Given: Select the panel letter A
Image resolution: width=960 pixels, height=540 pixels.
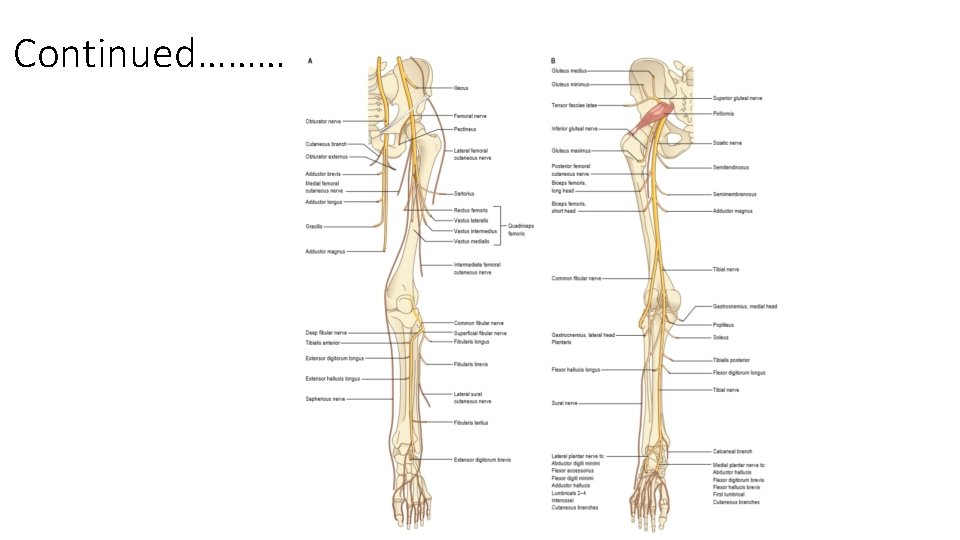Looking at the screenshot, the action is pyautogui.click(x=310, y=60).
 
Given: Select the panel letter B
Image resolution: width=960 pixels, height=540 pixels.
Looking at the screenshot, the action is pyautogui.click(x=553, y=60).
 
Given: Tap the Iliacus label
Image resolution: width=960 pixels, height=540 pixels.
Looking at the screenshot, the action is pyautogui.click(x=461, y=88).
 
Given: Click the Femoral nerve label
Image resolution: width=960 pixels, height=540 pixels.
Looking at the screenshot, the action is pyautogui.click(x=470, y=116).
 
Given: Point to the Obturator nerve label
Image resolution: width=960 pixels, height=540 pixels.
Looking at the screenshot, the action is pyautogui.click(x=323, y=121).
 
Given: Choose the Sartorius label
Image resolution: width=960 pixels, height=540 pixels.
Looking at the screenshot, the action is pyautogui.click(x=463, y=193).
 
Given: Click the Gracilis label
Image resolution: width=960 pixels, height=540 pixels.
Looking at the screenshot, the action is pyautogui.click(x=315, y=226).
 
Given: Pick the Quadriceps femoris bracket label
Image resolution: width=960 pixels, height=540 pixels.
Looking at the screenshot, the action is pyautogui.click(x=521, y=230).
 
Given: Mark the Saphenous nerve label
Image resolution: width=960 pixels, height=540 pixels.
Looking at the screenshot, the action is pyautogui.click(x=325, y=399).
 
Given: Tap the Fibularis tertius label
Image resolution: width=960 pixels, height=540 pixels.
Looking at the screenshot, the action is pyautogui.click(x=470, y=423).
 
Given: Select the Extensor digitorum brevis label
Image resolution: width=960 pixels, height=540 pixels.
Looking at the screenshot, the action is pyautogui.click(x=482, y=460).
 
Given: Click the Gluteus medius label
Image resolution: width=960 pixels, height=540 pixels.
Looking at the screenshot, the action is pyautogui.click(x=569, y=71).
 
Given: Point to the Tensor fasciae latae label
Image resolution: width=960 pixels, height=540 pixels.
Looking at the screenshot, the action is pyautogui.click(x=574, y=105).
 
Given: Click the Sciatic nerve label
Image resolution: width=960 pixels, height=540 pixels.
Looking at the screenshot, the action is pyautogui.click(x=727, y=143).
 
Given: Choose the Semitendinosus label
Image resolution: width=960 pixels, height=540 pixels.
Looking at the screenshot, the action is pyautogui.click(x=731, y=167).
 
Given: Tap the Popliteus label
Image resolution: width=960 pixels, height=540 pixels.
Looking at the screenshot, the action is pyautogui.click(x=723, y=325).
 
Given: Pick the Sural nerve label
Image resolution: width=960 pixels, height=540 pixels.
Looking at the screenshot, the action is pyautogui.click(x=564, y=404).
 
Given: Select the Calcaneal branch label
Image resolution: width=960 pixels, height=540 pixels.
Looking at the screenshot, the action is pyautogui.click(x=731, y=451).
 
